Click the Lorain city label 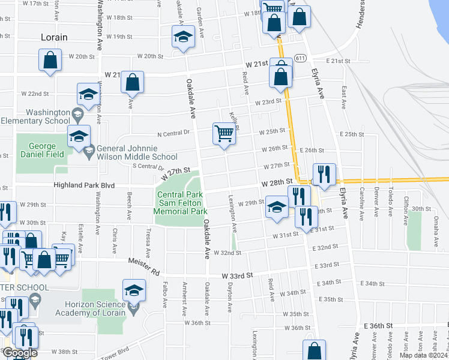[x=54, y=37]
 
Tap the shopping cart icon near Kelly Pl [x=224, y=133]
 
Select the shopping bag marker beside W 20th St [x=50, y=60]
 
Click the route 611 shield [x=301, y=58]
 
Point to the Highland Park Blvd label [x=84, y=186]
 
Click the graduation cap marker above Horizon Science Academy [x=134, y=290]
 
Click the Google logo [x=20, y=353]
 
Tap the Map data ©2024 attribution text [x=423, y=355]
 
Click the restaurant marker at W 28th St [x=324, y=174]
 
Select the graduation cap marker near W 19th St [x=183, y=37]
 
